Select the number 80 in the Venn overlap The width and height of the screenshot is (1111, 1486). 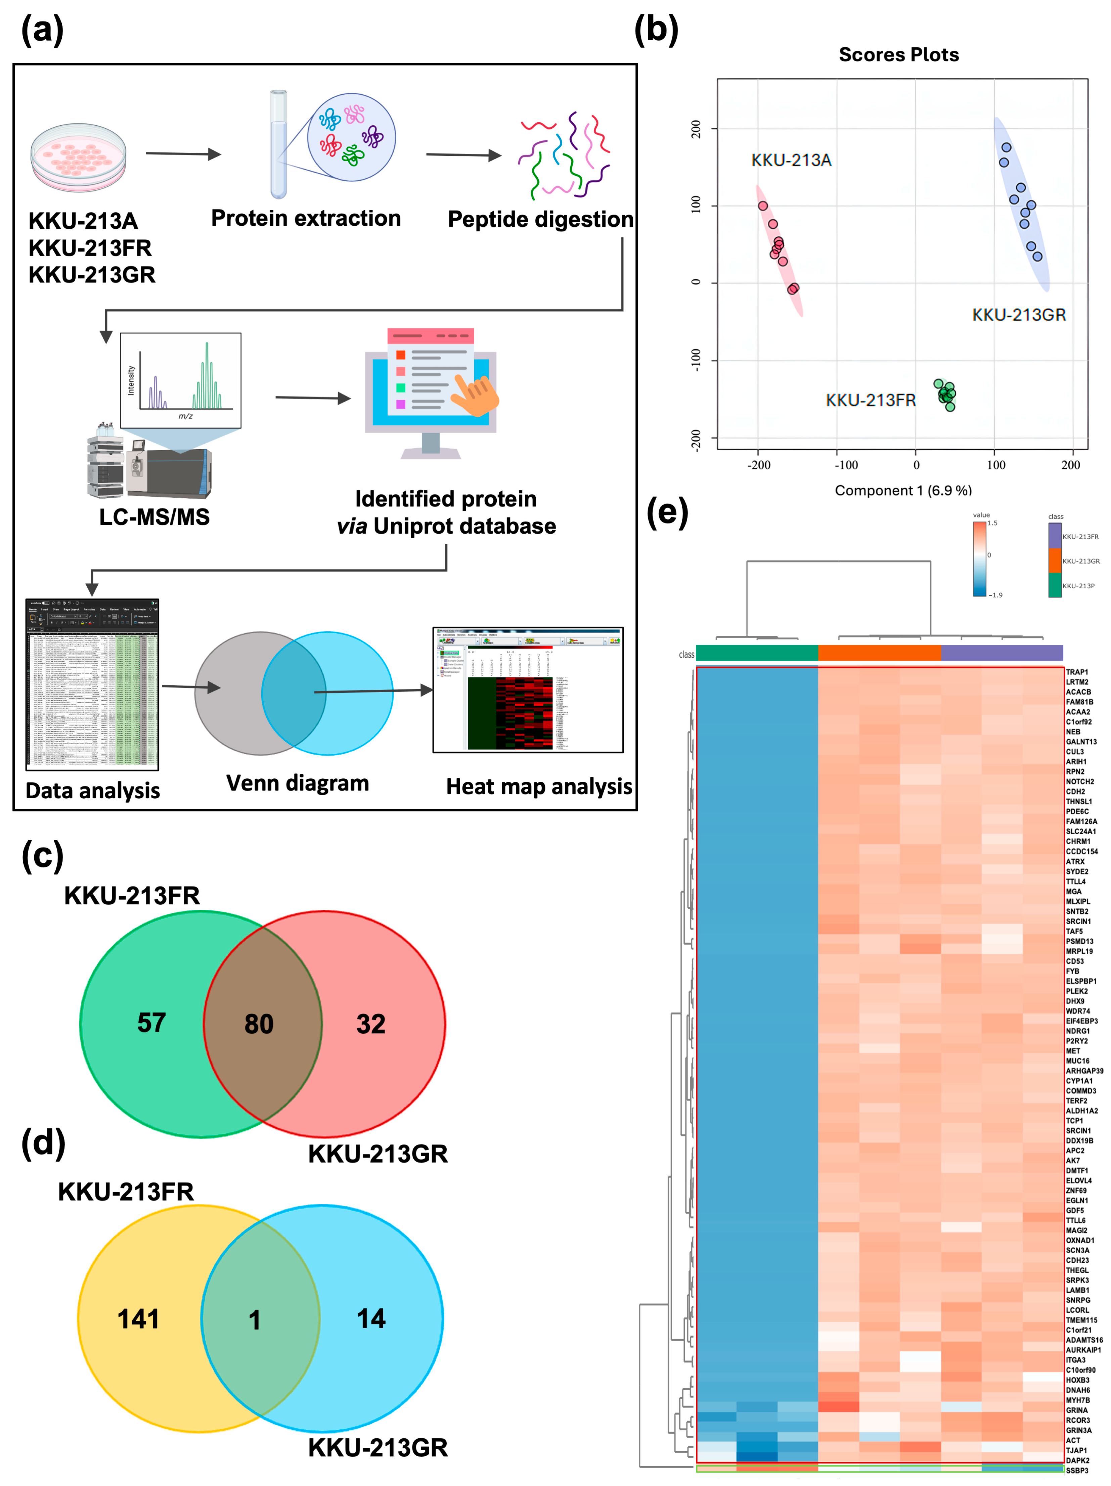coord(259,1024)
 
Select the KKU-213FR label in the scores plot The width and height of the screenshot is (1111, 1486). coord(871,400)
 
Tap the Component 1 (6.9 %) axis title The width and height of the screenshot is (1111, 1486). coord(903,490)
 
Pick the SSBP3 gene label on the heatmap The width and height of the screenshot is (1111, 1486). coord(1077,1471)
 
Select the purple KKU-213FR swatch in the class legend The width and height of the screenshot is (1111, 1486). coord(1055,535)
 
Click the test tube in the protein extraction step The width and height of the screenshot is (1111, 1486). coord(278,144)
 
